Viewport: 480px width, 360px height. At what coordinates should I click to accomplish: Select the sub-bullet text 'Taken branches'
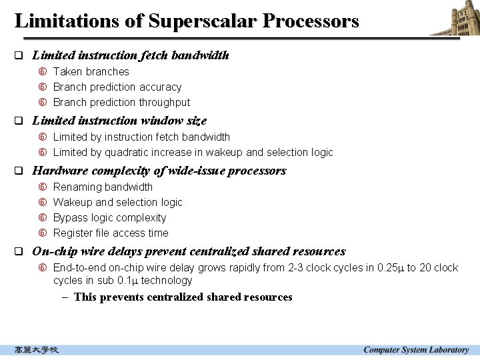[91, 71]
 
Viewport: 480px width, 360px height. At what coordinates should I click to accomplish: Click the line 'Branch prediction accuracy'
[117, 87]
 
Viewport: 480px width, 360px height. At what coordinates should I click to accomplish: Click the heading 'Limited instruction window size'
[119, 121]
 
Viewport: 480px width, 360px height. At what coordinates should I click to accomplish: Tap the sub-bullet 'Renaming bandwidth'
[103, 187]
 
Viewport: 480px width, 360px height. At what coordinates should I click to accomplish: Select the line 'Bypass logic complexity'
[109, 217]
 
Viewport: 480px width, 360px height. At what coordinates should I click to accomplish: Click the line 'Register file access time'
[111, 233]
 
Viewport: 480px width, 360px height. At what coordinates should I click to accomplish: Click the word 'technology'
[166, 280]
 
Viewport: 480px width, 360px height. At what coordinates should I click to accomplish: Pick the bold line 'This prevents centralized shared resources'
[183, 297]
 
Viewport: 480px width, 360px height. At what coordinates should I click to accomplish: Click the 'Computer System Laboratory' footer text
[416, 350]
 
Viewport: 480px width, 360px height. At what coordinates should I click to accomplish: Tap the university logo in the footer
[37, 350]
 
